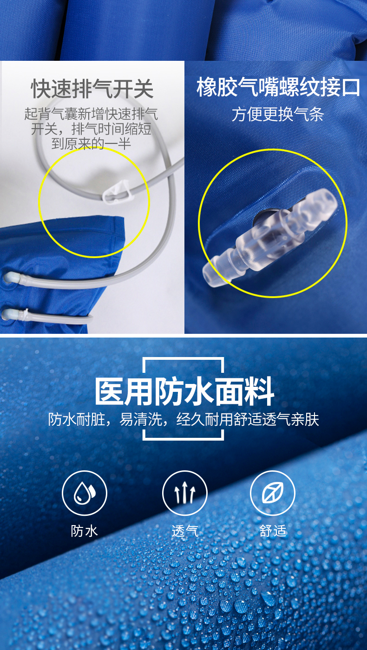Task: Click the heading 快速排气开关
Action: click(92, 89)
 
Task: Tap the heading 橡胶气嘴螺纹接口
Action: click(278, 87)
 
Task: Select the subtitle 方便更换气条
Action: click(278, 114)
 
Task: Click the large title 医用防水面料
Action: click(184, 391)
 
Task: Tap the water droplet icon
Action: click(85, 493)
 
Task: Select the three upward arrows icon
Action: click(185, 493)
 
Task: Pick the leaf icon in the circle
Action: click(273, 493)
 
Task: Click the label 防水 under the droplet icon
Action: click(84, 531)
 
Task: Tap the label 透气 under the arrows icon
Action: click(185, 531)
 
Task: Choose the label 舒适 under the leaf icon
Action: click(273, 531)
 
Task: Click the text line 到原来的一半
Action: click(91, 144)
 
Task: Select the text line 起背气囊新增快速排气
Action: click(91, 114)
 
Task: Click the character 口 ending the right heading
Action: click(351, 87)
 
